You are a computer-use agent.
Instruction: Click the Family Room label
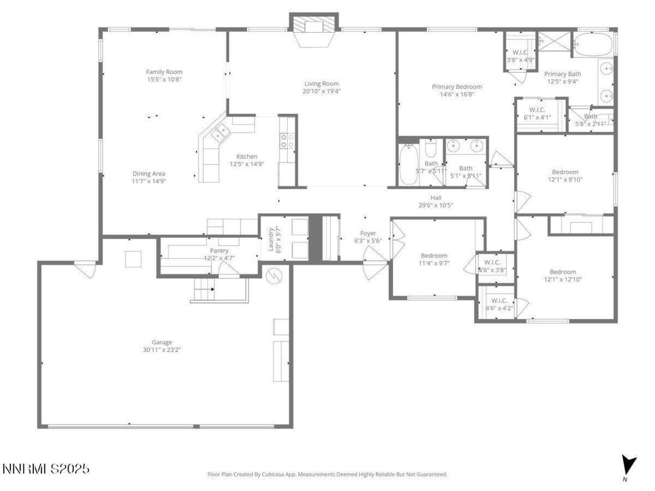(x=164, y=72)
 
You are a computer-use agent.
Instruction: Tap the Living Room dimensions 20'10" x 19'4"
(x=321, y=92)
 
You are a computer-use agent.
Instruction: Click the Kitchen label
(x=247, y=157)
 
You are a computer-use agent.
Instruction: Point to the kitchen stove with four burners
(x=287, y=141)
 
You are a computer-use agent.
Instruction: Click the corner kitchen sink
(x=221, y=133)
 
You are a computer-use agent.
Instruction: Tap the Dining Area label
(x=149, y=174)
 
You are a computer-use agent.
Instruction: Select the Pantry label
(x=219, y=251)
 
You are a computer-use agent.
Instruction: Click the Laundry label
(x=271, y=239)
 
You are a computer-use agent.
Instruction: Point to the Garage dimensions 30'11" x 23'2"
(x=162, y=350)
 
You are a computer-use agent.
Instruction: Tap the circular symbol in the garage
(x=275, y=276)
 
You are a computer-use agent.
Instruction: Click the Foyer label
(x=368, y=233)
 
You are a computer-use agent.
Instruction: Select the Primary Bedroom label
(x=457, y=87)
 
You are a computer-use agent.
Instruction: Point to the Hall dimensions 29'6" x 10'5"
(x=436, y=206)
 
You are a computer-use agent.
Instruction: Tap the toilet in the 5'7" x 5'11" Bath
(x=430, y=148)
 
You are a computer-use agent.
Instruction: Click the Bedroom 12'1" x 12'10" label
(x=562, y=272)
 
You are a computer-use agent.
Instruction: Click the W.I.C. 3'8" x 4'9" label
(x=520, y=52)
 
